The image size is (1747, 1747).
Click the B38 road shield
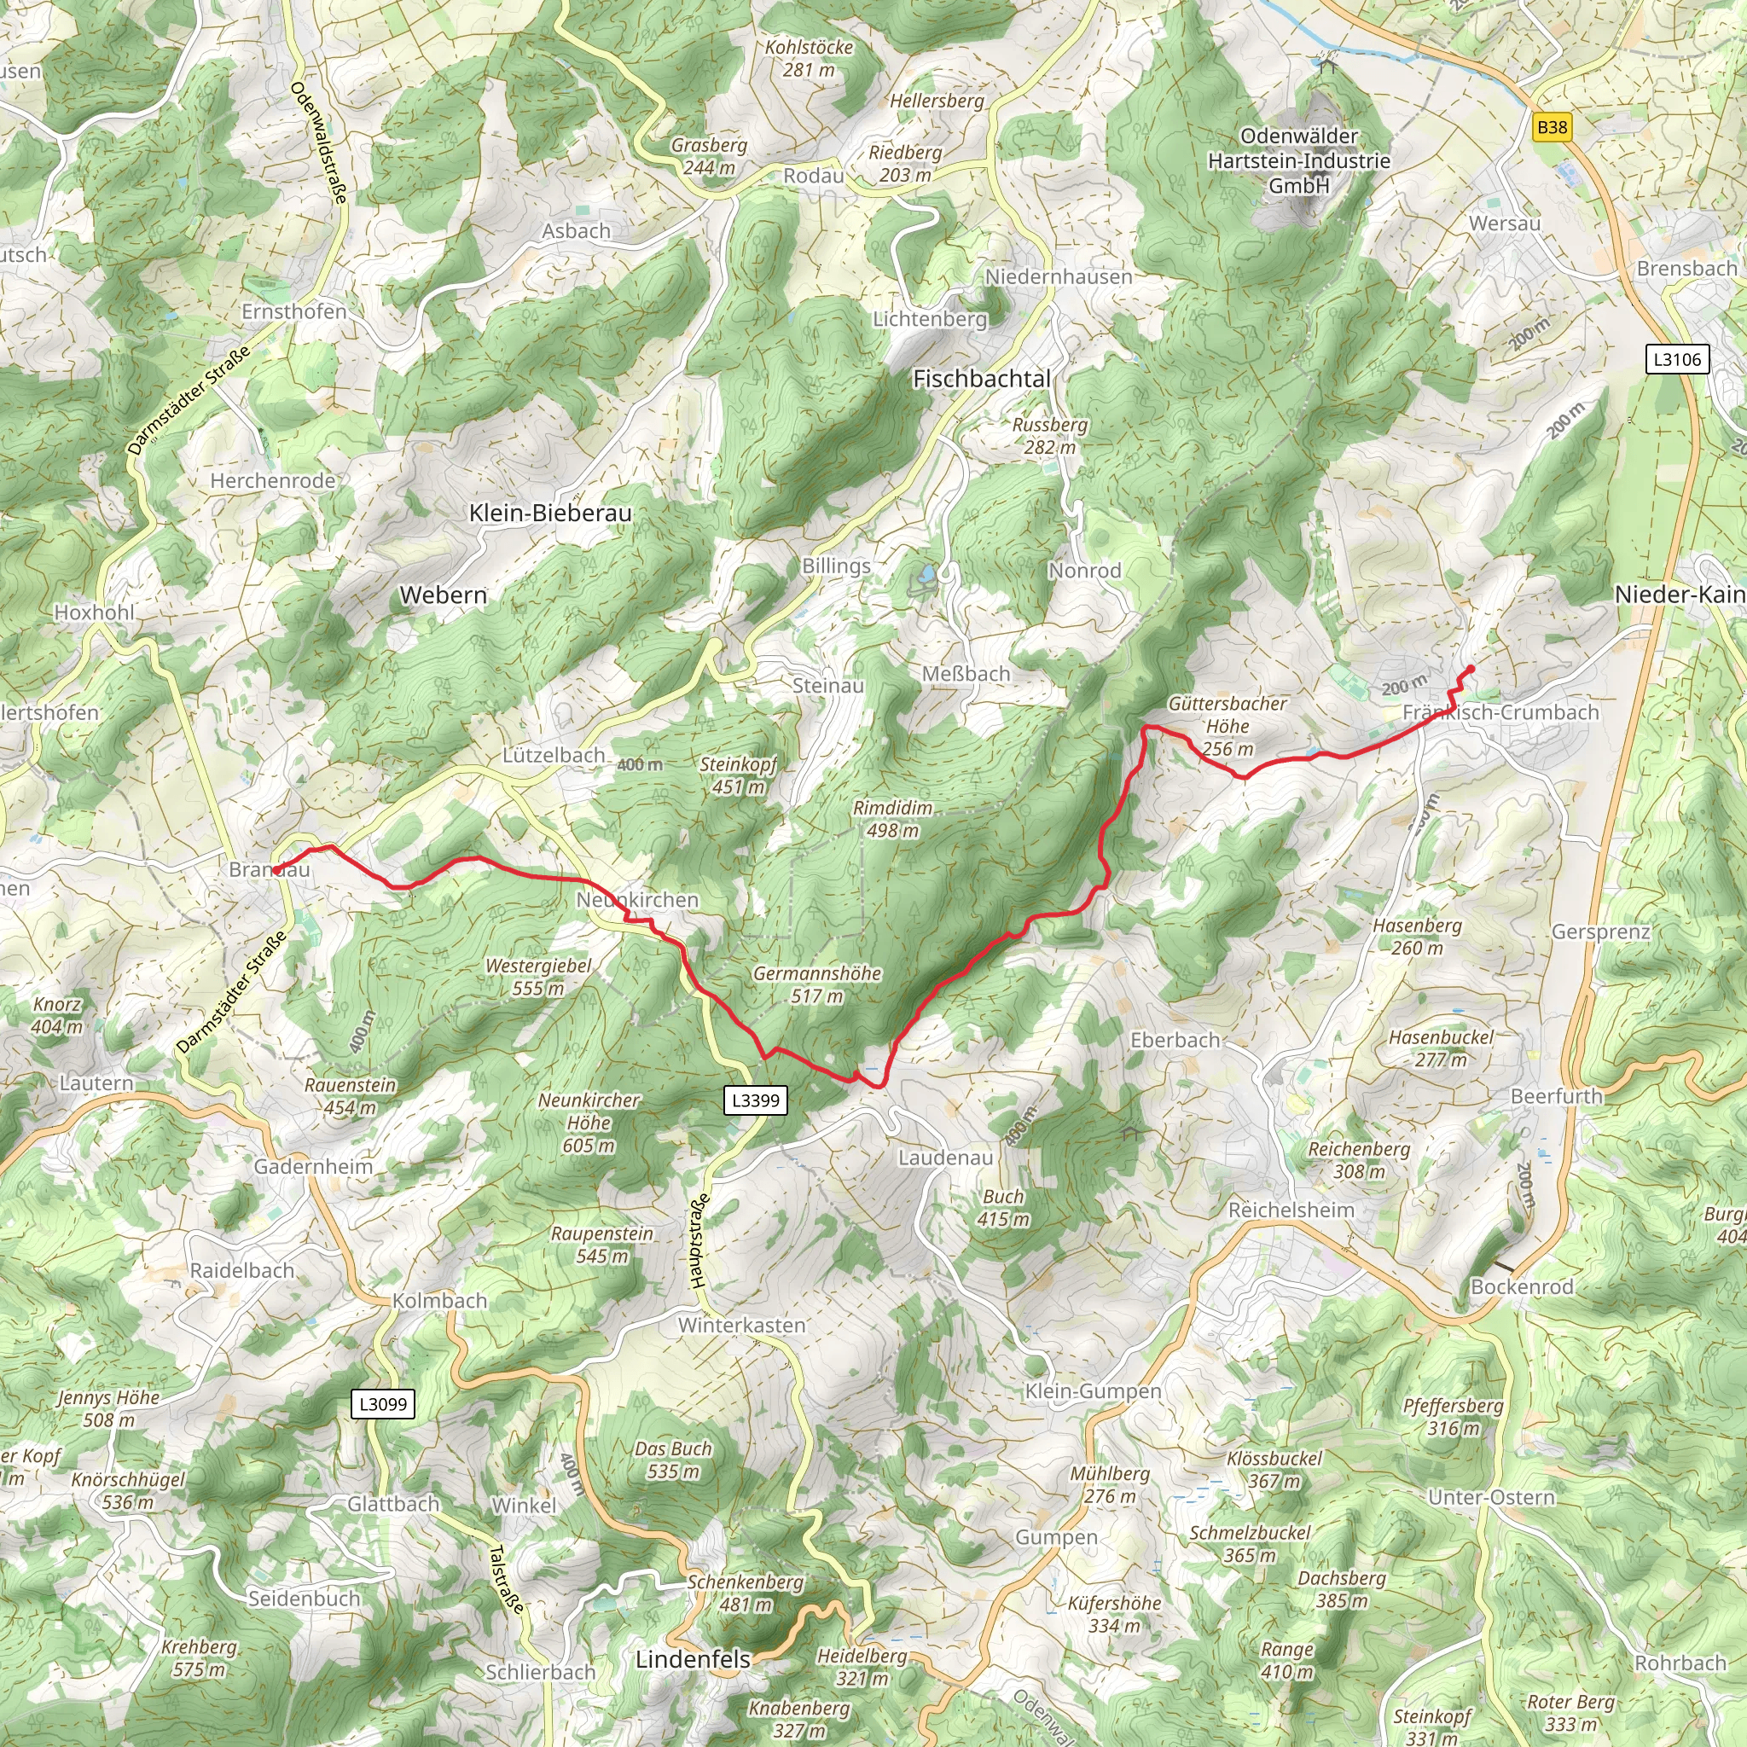click(x=1552, y=126)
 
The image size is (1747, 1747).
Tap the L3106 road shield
click(x=1677, y=359)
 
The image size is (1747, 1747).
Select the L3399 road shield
click(x=755, y=1100)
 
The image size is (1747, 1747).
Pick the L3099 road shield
click(x=383, y=1403)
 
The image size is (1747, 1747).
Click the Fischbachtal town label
click(x=981, y=379)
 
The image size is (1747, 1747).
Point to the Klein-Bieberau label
click(x=550, y=513)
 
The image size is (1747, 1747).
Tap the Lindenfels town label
click(x=693, y=1659)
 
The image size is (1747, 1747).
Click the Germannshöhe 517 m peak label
click(x=816, y=984)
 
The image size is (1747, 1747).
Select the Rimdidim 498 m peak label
click(x=892, y=818)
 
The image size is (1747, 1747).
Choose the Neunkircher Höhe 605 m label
click(x=589, y=1123)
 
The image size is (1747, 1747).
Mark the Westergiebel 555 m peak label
click(x=538, y=977)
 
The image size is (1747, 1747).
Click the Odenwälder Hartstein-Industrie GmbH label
click(x=1298, y=161)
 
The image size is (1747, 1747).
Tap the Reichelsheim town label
click(x=1291, y=1210)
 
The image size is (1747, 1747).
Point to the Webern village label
click(x=443, y=595)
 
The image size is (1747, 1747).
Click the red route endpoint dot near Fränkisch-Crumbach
click(x=1471, y=669)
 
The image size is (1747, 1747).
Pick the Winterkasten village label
click(x=741, y=1325)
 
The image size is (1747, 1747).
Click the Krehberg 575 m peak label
click(x=199, y=1657)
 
